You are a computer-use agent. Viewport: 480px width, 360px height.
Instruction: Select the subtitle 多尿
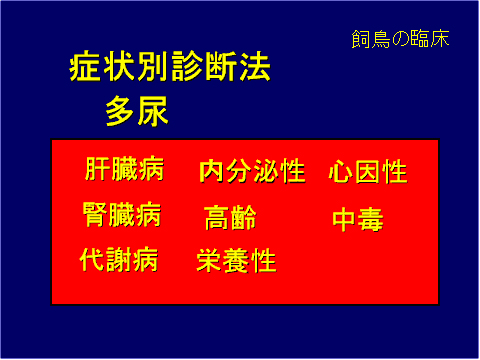[x=137, y=112]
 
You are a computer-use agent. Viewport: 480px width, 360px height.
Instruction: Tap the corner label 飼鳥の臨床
[x=400, y=40]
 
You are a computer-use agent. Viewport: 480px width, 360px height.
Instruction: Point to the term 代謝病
[x=119, y=260]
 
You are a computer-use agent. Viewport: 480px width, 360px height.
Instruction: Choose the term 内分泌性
[x=252, y=171]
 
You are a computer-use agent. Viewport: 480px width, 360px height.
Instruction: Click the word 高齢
[x=231, y=217]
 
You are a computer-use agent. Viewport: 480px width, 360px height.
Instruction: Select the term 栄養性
[x=237, y=262]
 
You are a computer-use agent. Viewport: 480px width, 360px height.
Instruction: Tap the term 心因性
[x=368, y=172]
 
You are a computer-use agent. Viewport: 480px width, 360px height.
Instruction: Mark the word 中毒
[x=358, y=220]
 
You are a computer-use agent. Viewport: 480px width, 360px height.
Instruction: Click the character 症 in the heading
[x=87, y=70]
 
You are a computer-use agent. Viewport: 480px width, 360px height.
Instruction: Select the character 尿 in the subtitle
[x=153, y=112]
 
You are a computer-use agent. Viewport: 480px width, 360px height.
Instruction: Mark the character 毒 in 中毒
[x=371, y=220]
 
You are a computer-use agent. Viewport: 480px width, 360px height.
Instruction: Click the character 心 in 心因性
[x=341, y=172]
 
